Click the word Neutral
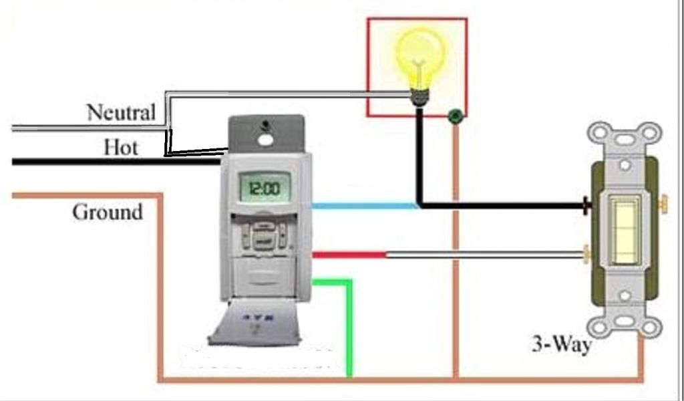pyautogui.click(x=121, y=112)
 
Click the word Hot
pyautogui.click(x=120, y=146)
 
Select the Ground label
pyautogui.click(x=107, y=213)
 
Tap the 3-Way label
pyautogui.click(x=560, y=345)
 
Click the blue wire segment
pyautogui.click(x=364, y=206)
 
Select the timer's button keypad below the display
pyautogui.click(x=265, y=233)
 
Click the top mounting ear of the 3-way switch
pyautogui.click(x=624, y=137)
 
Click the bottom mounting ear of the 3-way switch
pyautogui.click(x=624, y=321)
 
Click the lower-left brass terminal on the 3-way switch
pyautogui.click(x=587, y=253)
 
